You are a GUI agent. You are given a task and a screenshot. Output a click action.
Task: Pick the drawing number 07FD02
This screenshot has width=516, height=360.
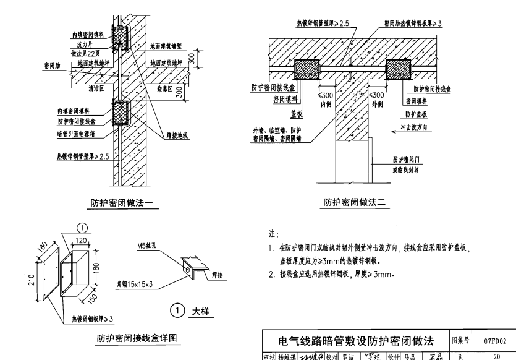pos(495,340)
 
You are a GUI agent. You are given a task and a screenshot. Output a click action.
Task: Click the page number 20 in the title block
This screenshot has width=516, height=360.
pos(495,355)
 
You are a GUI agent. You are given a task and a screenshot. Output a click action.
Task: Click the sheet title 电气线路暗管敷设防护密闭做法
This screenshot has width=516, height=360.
pos(354,341)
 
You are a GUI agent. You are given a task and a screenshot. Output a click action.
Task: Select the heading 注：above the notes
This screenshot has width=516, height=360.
pos(274,234)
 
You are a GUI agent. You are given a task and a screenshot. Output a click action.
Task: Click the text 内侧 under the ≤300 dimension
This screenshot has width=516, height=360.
pos(326,104)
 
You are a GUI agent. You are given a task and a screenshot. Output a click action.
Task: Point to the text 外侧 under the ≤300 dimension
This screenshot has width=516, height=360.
pos(376,104)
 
